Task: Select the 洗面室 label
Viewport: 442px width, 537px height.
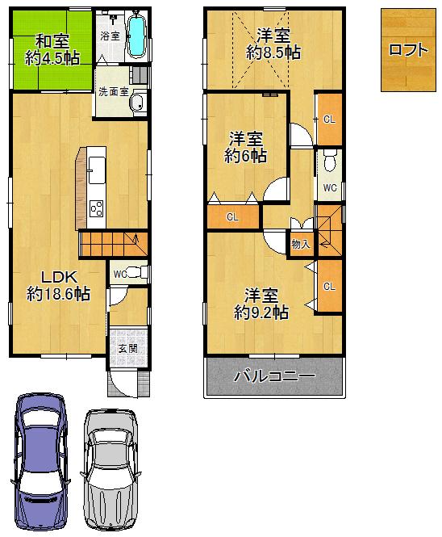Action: [113, 91]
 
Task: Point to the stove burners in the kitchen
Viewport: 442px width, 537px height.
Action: [97, 209]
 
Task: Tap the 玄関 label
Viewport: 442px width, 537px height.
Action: [127, 348]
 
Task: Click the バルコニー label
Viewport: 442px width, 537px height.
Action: [273, 376]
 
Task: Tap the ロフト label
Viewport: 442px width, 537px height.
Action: [408, 49]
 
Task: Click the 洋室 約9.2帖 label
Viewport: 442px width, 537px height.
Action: [261, 304]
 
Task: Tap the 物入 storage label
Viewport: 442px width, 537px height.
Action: [299, 243]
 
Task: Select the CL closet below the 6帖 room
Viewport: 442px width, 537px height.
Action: [232, 216]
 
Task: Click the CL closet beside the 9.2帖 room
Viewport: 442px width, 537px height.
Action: [328, 287]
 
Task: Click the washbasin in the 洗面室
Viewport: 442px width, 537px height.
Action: [137, 103]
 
